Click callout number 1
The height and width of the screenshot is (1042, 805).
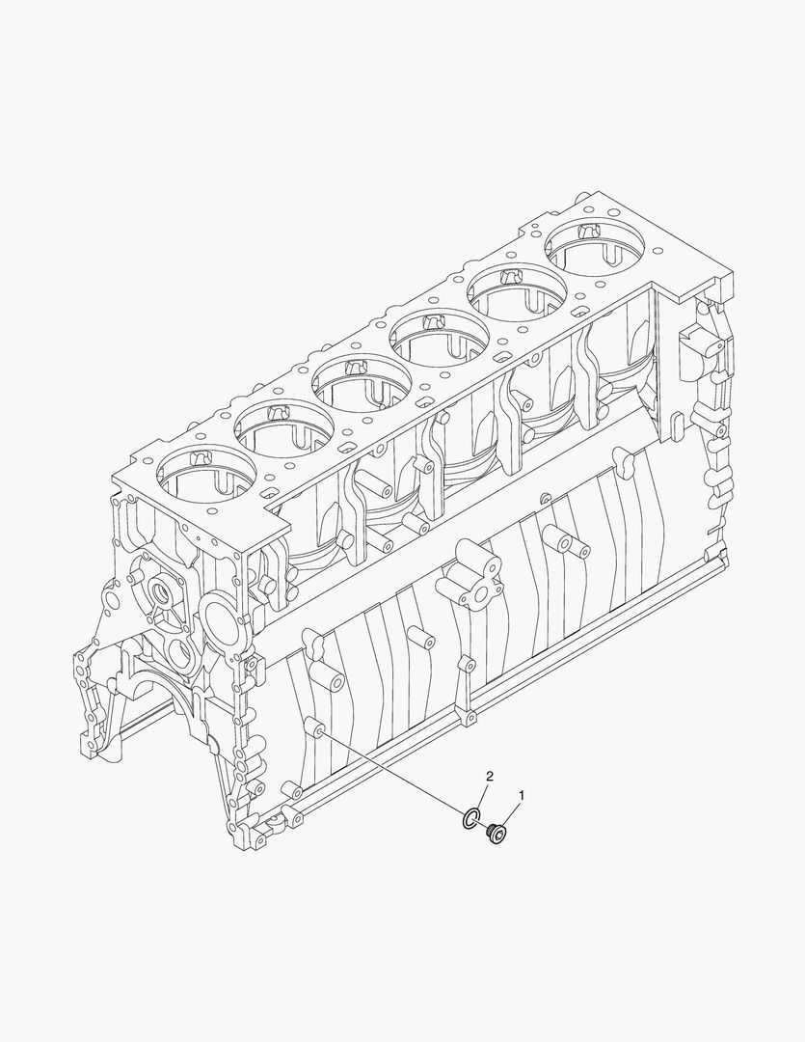coord(522,795)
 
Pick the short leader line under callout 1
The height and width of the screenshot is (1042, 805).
coord(512,812)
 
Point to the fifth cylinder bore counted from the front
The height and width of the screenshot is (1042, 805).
coord(517,288)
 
